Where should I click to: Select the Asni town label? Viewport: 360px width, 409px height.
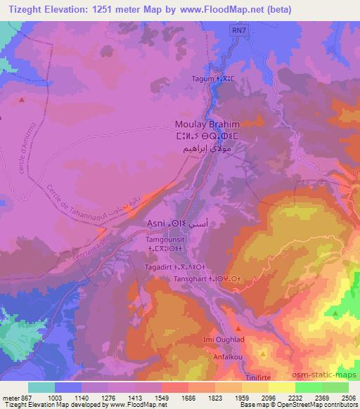tap(155, 223)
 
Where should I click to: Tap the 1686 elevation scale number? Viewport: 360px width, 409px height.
tap(174, 398)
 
